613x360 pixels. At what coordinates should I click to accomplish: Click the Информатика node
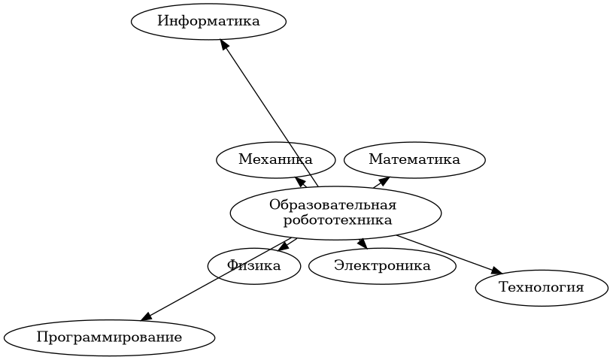tap(208, 21)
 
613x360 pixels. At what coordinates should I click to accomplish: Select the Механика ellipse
tap(275, 159)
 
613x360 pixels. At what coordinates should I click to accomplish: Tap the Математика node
tap(414, 159)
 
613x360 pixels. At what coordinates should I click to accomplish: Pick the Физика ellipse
tap(254, 265)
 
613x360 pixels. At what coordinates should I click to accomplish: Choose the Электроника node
tap(382, 265)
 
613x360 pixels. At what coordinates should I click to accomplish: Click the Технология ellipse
tap(541, 287)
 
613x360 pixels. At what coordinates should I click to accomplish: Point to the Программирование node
tap(109, 337)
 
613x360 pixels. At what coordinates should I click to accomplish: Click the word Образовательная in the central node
tap(332, 205)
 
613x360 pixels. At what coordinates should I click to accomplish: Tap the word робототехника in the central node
tap(338, 220)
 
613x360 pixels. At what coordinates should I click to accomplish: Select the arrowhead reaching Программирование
tap(146, 316)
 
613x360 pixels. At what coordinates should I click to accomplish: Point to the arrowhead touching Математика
tap(384, 180)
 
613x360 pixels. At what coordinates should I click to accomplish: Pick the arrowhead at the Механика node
tap(300, 182)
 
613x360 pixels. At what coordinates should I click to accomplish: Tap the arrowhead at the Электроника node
tap(362, 244)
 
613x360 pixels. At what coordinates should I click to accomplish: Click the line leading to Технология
tap(448, 253)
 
